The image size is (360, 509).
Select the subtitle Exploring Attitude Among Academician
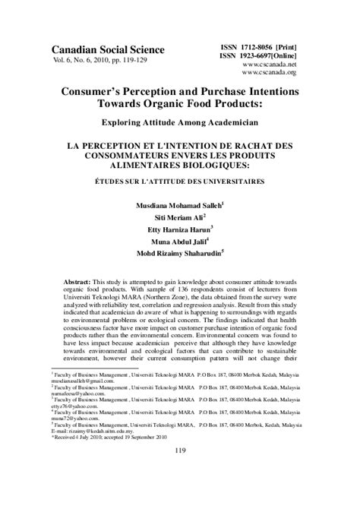tap(179, 121)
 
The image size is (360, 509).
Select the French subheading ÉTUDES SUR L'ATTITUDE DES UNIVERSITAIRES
tap(179, 182)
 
